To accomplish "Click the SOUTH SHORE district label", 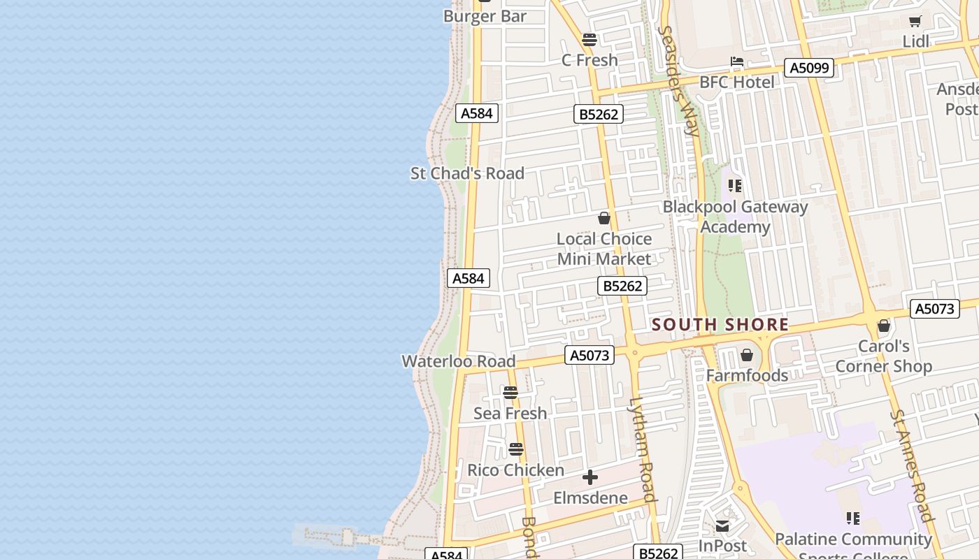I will [720, 325].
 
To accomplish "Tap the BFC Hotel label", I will [737, 82].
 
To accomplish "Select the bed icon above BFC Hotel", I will [737, 62].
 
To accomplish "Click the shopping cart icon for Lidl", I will [915, 22].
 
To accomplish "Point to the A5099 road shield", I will [810, 68].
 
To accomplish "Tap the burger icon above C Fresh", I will [589, 40].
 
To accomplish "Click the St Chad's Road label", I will [467, 173].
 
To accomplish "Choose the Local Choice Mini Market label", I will [604, 249].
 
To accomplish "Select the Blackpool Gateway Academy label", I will [735, 217].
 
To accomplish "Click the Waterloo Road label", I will [458, 361].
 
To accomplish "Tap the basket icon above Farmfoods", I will [747, 355].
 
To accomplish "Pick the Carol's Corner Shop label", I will [884, 356].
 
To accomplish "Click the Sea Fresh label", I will [510, 414].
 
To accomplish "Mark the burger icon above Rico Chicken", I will [516, 449].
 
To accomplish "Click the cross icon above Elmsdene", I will [590, 478].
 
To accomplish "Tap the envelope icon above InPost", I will [722, 526].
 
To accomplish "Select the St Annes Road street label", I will [913, 466].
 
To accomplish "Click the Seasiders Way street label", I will [679, 80].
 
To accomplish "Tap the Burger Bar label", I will [485, 16].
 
